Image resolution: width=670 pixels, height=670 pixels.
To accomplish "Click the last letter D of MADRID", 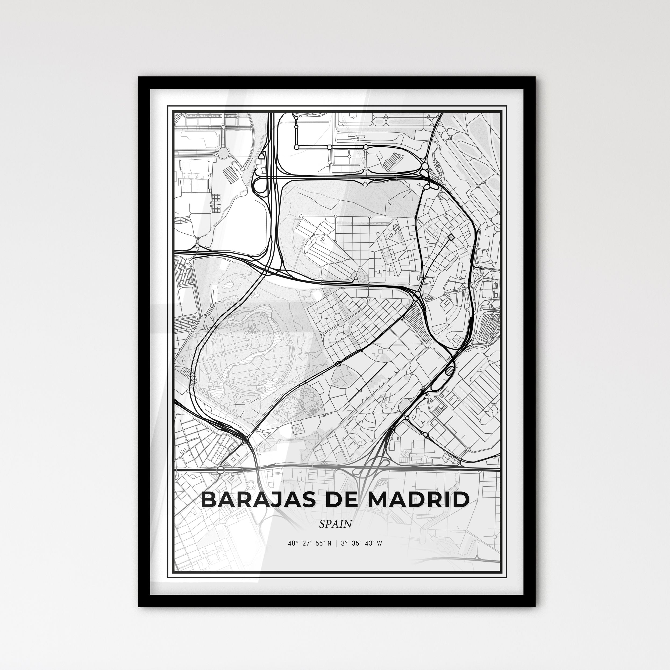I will click(x=461, y=500).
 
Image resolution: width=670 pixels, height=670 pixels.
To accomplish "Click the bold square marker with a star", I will click(x=451, y=237).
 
